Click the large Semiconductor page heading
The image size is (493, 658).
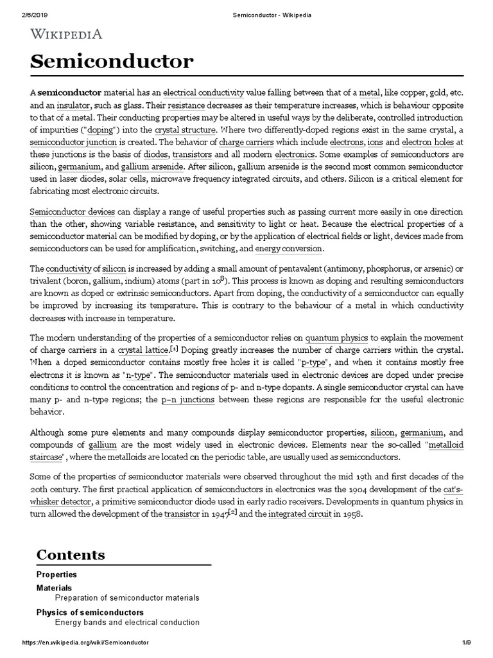tap(112, 62)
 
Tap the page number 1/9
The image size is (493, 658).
tap(467, 643)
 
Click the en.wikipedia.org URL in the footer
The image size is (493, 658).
tap(85, 643)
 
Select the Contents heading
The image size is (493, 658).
tap(71, 555)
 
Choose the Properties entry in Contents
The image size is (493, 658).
tap(56, 574)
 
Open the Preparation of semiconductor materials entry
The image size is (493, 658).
tap(127, 598)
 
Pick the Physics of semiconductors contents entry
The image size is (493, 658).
tap(90, 612)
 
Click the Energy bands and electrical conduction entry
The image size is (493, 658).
tap(127, 623)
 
